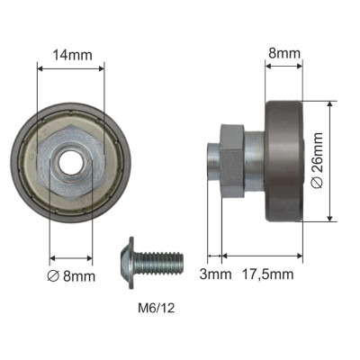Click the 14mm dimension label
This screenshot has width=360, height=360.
(x=72, y=55)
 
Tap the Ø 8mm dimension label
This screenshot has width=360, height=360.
(x=71, y=276)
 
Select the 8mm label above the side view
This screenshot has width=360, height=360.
(x=284, y=53)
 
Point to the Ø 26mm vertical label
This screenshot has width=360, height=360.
(x=318, y=160)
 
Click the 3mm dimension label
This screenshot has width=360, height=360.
(x=215, y=274)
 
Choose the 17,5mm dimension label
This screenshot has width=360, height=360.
(x=267, y=274)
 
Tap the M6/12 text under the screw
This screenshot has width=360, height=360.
(x=156, y=308)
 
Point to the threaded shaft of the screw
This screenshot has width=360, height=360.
(x=158, y=263)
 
